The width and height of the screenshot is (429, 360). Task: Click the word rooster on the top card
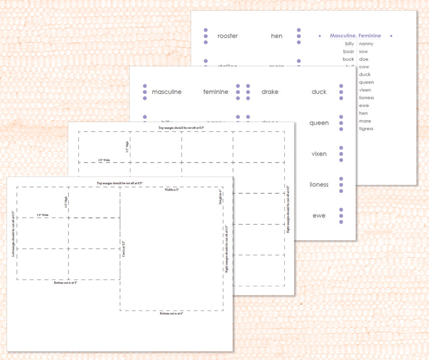pos(227,36)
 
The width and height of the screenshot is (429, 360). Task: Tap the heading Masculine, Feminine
pos(355,36)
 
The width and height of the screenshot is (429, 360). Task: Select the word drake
pos(270,92)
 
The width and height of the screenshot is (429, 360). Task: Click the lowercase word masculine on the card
pos(166,92)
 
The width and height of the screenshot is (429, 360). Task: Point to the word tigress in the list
pos(366,129)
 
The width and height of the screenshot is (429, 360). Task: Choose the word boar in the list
pos(348,51)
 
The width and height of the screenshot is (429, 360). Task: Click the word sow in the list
pos(363,51)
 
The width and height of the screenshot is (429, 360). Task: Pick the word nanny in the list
pos(366,44)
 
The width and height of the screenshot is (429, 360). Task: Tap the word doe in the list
pos(363,59)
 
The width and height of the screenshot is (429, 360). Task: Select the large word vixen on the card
pos(319,154)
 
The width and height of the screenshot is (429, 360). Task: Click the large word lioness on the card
pos(319,185)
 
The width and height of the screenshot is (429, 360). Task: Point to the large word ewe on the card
pos(319,216)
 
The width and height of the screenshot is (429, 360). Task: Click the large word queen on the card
pos(319,123)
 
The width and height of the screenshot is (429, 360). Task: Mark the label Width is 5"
pos(172,190)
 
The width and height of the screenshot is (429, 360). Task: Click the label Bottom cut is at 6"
pos(171,314)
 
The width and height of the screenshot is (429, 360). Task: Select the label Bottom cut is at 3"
pos(66,283)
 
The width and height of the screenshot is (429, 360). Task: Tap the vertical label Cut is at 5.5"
pos(124,249)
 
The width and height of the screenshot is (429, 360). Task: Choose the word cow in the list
pos(364,67)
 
